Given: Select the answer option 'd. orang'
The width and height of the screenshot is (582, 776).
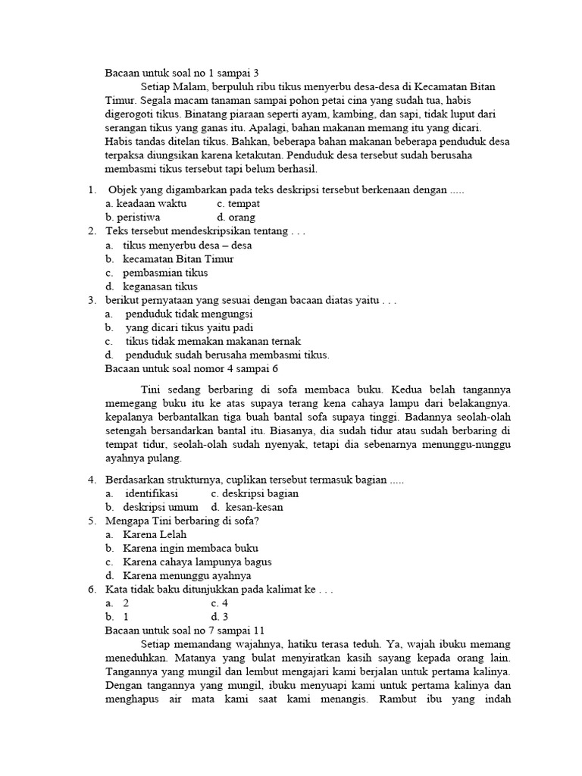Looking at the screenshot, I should pyautogui.click(x=236, y=217).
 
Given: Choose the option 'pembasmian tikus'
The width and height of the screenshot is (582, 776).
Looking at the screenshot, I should pyautogui.click(x=165, y=273).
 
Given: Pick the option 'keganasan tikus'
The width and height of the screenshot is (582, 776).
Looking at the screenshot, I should pyautogui.click(x=160, y=286).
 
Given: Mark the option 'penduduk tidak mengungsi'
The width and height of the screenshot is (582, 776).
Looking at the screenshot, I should pyautogui.click(x=189, y=314).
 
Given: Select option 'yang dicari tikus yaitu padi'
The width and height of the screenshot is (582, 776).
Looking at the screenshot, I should pyautogui.click(x=189, y=327).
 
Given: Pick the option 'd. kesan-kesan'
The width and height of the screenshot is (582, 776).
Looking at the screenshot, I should pyautogui.click(x=255, y=507).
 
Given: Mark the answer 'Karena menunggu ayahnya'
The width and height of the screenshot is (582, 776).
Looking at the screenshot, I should pyautogui.click(x=186, y=575).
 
